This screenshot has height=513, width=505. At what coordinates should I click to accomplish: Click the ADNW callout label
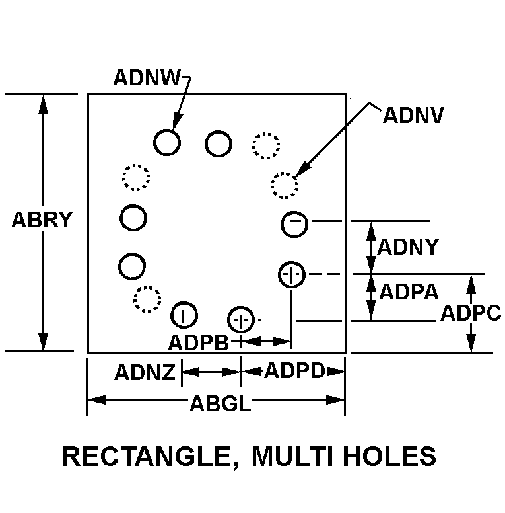point(146,78)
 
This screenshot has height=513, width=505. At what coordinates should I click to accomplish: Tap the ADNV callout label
point(413,115)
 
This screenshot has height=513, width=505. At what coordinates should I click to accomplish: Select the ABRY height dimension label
point(42,220)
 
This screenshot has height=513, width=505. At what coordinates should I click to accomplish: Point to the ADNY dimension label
point(407,247)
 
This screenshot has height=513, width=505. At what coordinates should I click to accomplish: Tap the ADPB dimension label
point(198,342)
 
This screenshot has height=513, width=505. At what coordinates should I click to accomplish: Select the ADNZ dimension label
point(145,373)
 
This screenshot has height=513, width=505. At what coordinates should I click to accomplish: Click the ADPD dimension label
point(294,372)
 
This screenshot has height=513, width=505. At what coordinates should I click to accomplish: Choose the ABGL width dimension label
point(220,403)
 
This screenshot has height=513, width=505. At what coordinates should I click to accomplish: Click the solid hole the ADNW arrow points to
point(167,141)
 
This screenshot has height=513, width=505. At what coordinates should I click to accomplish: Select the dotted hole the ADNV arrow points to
point(285,185)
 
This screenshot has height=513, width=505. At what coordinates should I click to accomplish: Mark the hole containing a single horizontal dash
point(294,223)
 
